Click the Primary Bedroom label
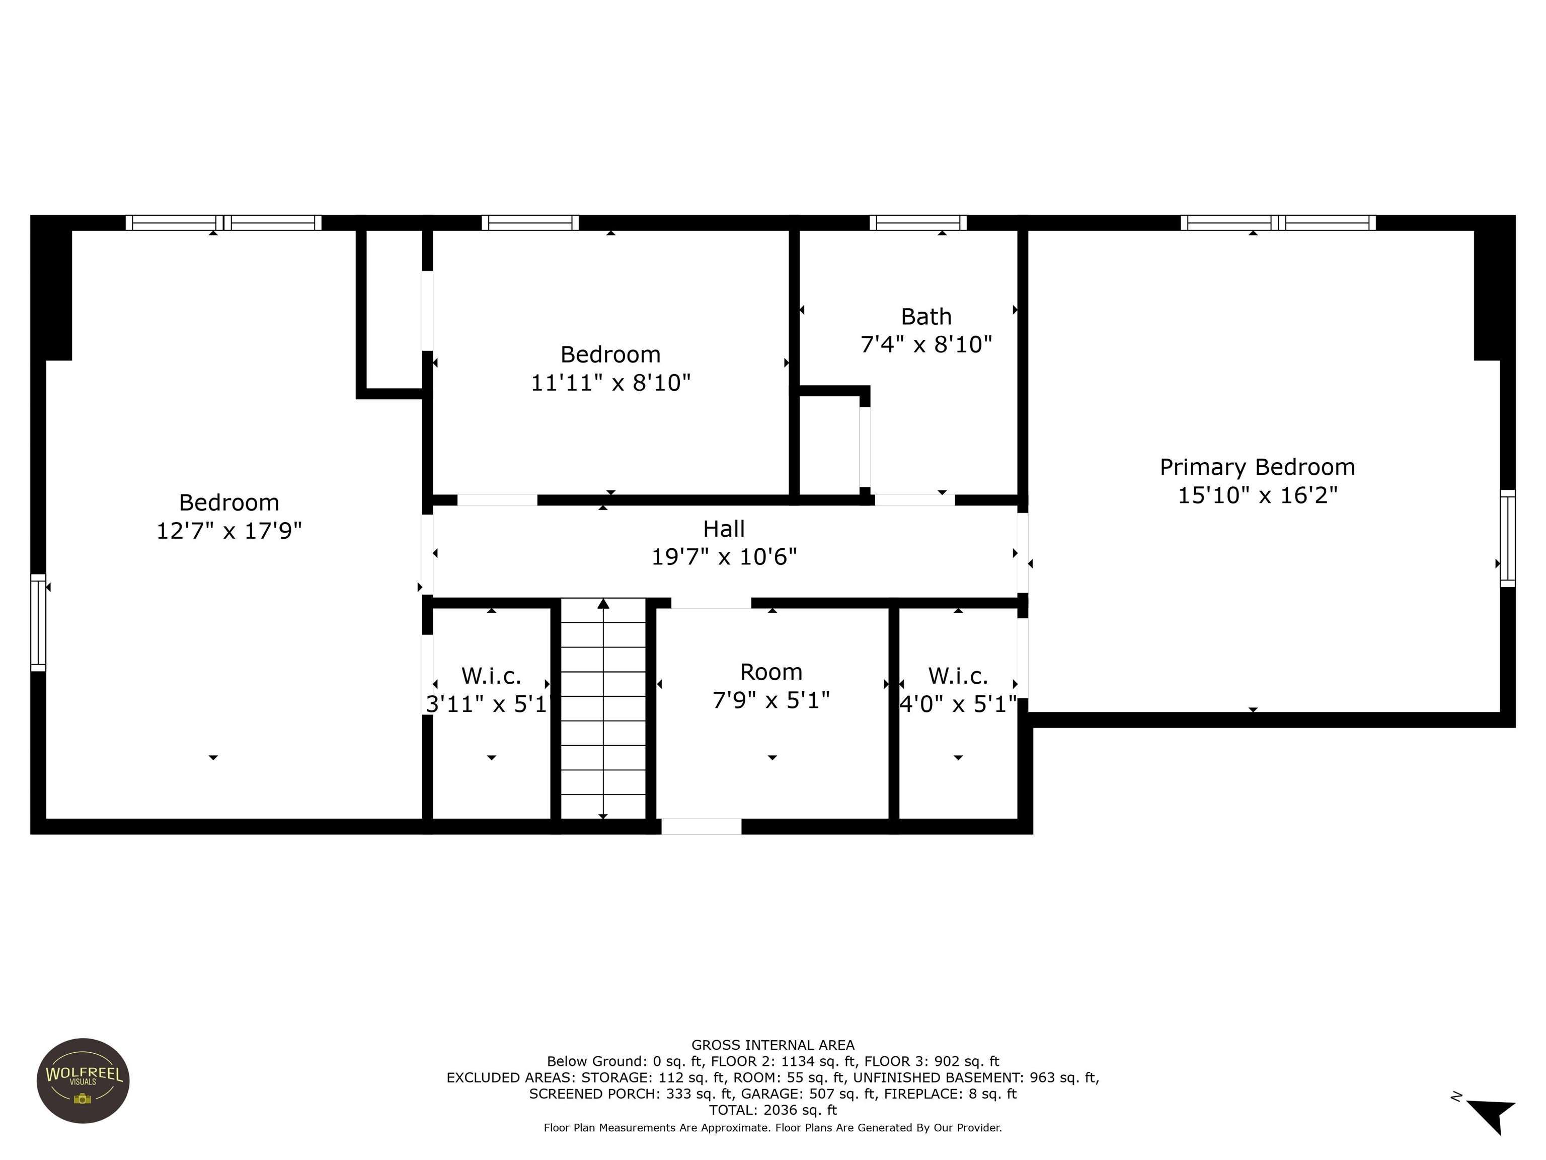point(1257,467)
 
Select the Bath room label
point(925,317)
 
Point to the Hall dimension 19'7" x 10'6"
point(724,556)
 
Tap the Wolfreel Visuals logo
point(83,1080)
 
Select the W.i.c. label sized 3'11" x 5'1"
point(491,676)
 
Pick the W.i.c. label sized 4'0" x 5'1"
point(958,676)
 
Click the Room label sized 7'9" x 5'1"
point(771,672)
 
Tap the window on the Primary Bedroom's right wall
point(1508,538)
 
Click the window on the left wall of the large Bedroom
point(38,622)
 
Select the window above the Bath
point(917,223)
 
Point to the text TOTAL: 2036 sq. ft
point(772,1110)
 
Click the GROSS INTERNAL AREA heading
point(772,1045)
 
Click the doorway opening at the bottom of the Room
point(701,827)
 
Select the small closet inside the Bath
point(829,445)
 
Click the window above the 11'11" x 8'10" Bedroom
point(530,223)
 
